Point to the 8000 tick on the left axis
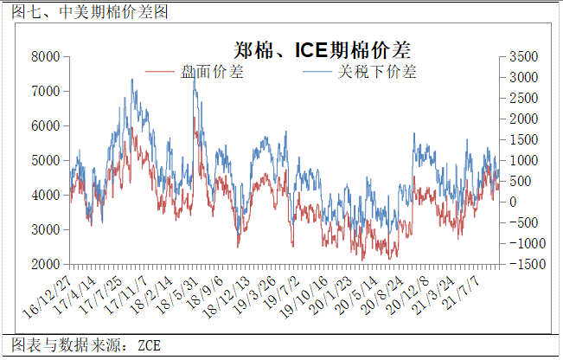coord(45,57)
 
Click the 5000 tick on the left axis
coord(45,161)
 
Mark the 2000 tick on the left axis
coord(45,264)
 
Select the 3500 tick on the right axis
coord(524,57)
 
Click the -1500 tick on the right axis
coord(522,264)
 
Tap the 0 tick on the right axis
coord(513,202)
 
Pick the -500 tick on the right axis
coord(521,223)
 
